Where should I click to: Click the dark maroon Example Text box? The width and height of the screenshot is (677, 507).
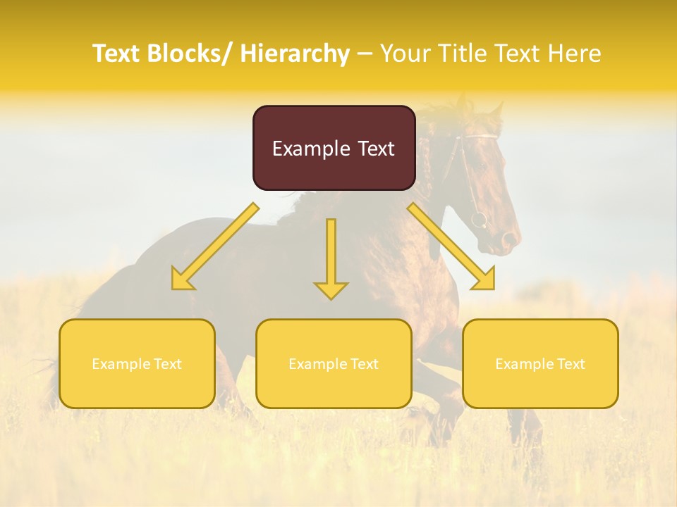point(334,148)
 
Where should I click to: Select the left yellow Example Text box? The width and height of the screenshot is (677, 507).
point(137,363)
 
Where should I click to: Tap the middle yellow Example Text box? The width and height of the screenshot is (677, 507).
point(334,363)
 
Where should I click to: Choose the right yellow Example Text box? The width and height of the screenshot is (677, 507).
point(540,363)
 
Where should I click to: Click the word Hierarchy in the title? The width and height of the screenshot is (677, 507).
point(295,54)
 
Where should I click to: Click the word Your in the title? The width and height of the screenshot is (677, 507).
point(405,54)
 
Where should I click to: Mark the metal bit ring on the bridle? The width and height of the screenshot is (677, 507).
point(479,220)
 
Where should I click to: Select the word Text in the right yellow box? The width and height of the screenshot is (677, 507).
point(570,364)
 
